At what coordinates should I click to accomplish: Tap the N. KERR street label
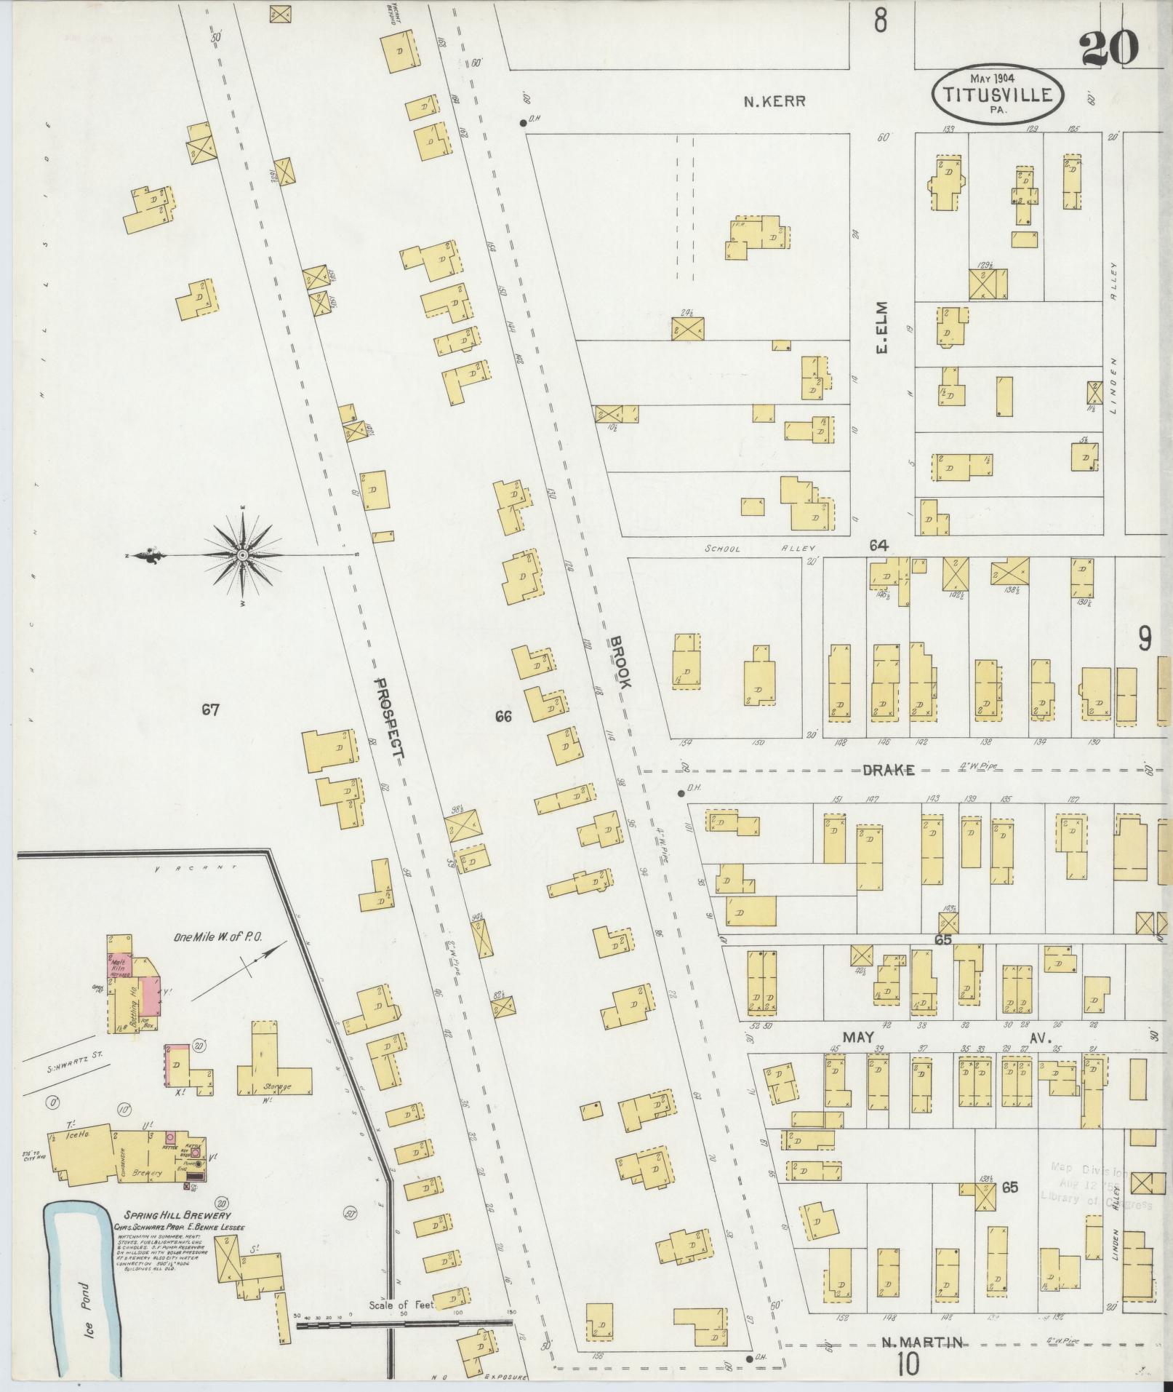(x=774, y=102)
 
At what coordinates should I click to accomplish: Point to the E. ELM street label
(x=883, y=339)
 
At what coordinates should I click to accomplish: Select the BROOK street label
(x=620, y=662)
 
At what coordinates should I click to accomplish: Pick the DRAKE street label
(x=888, y=771)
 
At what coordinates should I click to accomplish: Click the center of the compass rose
(x=243, y=555)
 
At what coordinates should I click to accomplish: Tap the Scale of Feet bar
(x=404, y=1324)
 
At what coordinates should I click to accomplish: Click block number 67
(x=210, y=709)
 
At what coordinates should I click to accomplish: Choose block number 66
(x=503, y=717)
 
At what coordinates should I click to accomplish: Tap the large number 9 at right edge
(x=1144, y=639)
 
